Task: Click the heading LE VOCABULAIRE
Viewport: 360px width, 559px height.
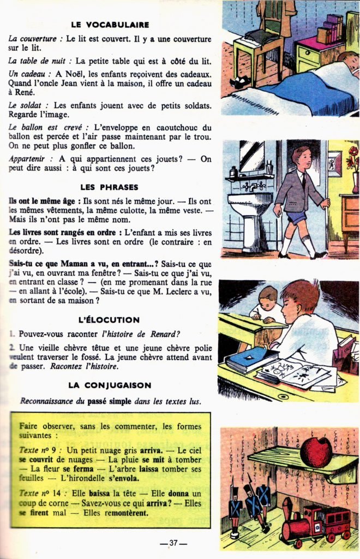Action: pos(110,25)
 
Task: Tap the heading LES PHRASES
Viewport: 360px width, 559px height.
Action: pos(110,187)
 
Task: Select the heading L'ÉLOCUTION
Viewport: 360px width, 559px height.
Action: pos(109,319)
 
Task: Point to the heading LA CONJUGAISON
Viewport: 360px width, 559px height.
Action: pos(110,385)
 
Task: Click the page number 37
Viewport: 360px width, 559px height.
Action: pos(173,543)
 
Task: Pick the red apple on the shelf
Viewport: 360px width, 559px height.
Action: pos(316,451)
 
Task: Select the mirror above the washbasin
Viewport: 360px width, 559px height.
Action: pos(252,156)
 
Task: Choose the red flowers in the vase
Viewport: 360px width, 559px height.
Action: pos(353,156)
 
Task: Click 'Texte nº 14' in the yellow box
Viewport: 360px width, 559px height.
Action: pos(39,493)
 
